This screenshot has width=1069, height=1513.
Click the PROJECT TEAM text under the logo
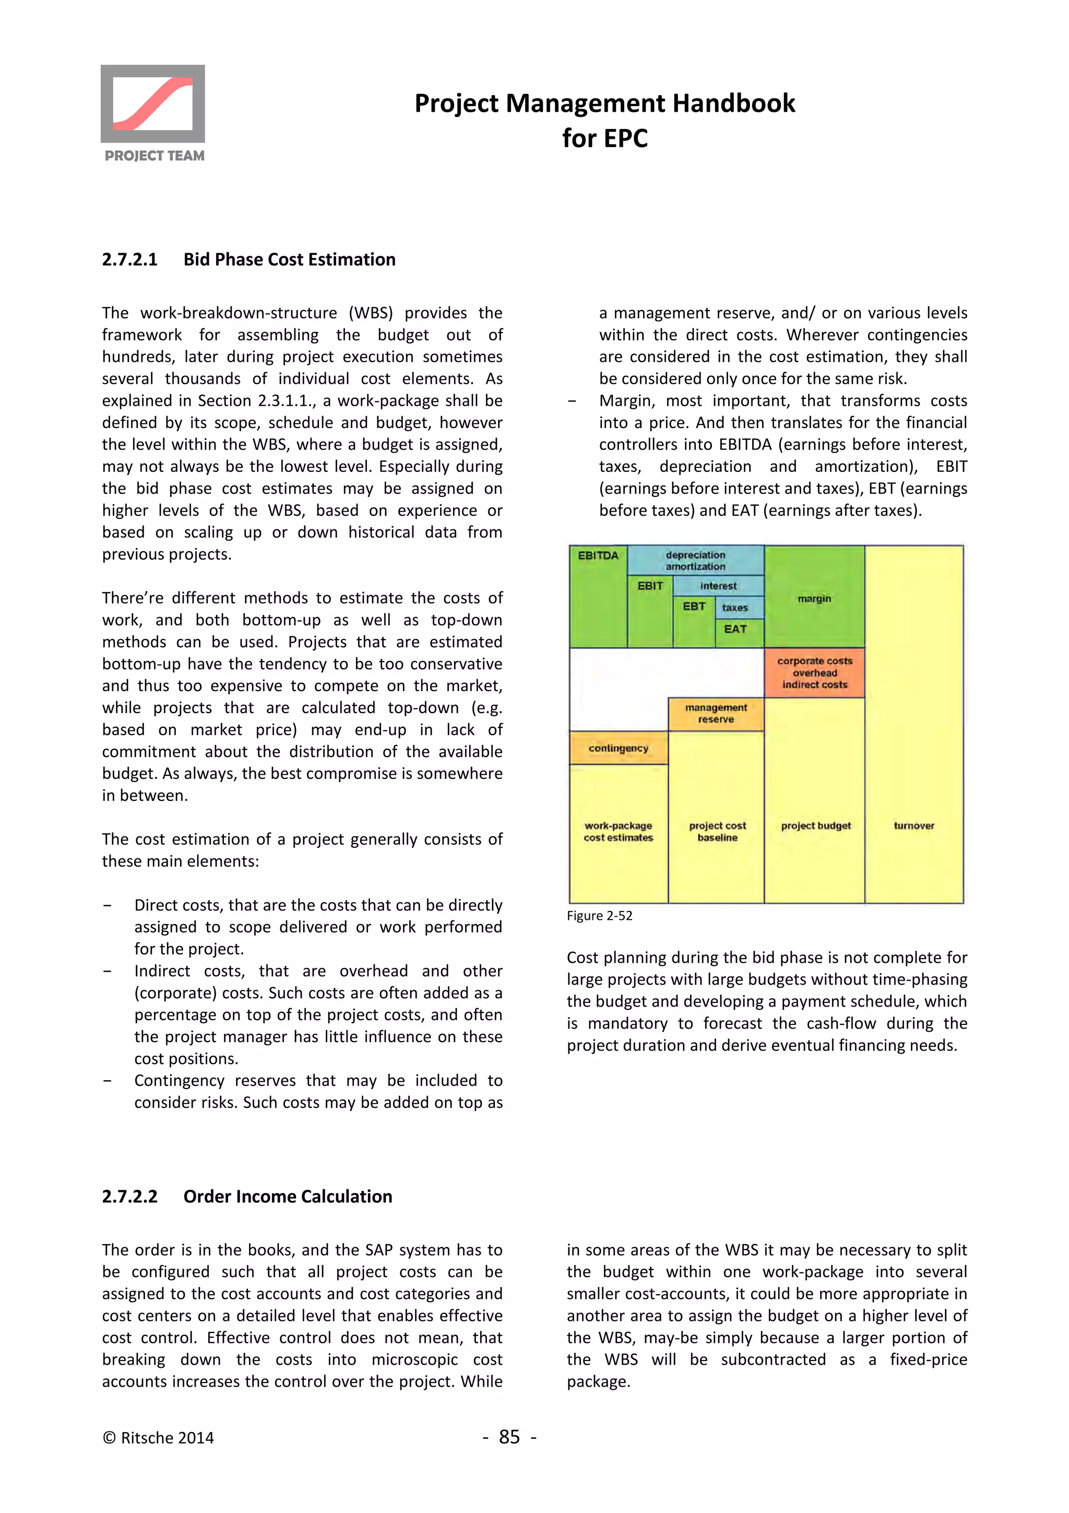pos(154,156)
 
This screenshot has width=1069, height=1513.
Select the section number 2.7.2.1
pos(130,259)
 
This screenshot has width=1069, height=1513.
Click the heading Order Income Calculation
pos(287,1196)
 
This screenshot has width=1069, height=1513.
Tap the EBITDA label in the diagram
pos(598,555)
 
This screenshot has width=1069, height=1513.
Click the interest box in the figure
pos(718,586)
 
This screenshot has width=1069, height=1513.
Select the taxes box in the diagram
pos(734,608)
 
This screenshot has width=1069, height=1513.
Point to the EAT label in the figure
pos(735,629)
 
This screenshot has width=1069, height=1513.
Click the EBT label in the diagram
pos(694,606)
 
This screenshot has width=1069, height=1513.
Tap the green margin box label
pos(814,598)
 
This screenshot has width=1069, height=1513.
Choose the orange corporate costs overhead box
pos(814,673)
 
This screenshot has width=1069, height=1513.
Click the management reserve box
pos(716,714)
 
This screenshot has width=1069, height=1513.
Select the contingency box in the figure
pos(618,748)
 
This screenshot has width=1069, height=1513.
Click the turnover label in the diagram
pos(913,826)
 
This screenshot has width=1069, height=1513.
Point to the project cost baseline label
pos(717,832)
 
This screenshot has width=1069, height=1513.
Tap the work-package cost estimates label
pos(618,832)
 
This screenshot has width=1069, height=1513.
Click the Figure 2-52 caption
pos(599,915)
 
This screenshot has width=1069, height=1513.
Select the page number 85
pos(509,1437)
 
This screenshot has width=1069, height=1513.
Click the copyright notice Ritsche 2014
pos(158,1438)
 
